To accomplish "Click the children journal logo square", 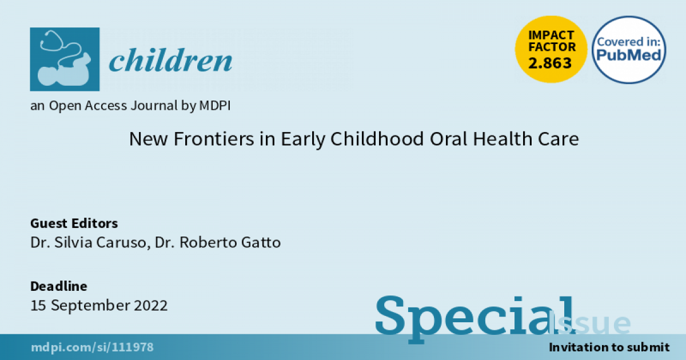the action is pyautogui.click(x=65, y=59).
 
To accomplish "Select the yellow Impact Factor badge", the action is pyautogui.click(x=551, y=49).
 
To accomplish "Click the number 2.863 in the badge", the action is pyautogui.click(x=550, y=63).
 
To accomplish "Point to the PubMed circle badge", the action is pyautogui.click(x=629, y=50).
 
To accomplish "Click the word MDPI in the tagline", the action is pyautogui.click(x=215, y=106).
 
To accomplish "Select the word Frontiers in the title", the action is pyautogui.click(x=214, y=139).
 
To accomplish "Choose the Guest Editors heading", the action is pyautogui.click(x=74, y=223).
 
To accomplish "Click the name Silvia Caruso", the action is pyautogui.click(x=100, y=242).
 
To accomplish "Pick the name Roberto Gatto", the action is pyautogui.click(x=230, y=242).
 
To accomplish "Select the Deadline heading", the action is pyautogui.click(x=58, y=286).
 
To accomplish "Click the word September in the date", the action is pyautogui.click(x=90, y=306).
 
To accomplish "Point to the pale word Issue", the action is pyautogui.click(x=589, y=323).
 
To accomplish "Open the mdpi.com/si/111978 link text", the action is pyautogui.click(x=92, y=347).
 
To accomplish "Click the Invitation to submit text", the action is pyautogui.click(x=609, y=347).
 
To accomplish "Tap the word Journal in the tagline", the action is pyautogui.click(x=154, y=106).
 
